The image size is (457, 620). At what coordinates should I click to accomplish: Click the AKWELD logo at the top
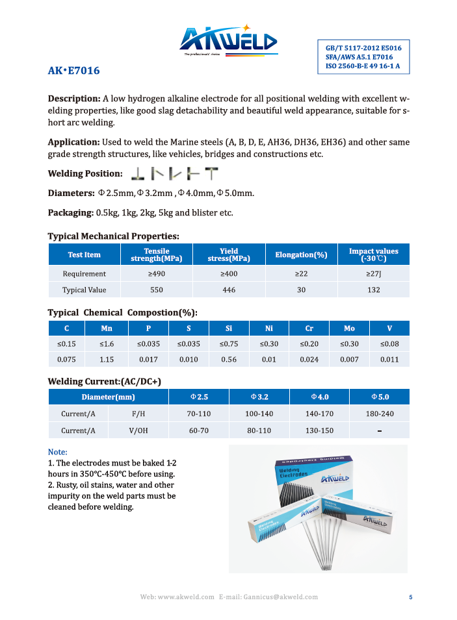pyautogui.click(x=228, y=41)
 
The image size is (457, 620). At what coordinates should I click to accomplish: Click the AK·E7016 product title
pyautogui.click(x=74, y=71)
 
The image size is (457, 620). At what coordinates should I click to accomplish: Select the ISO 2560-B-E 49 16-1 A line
pyautogui.click(x=363, y=66)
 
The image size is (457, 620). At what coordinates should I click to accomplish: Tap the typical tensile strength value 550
pyautogui.click(x=156, y=290)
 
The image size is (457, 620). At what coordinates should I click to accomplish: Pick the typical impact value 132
pyautogui.click(x=373, y=290)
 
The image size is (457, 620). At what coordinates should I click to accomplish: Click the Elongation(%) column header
pyautogui.click(x=301, y=254)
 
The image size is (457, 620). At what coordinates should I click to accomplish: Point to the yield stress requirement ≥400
pyautogui.click(x=229, y=273)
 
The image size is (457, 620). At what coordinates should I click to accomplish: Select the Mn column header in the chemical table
pyautogui.click(x=107, y=329)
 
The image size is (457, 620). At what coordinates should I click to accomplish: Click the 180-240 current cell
pyautogui.click(x=379, y=414)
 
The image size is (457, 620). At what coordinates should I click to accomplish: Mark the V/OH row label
pyautogui.click(x=138, y=430)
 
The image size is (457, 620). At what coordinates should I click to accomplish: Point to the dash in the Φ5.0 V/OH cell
pyautogui.click(x=379, y=431)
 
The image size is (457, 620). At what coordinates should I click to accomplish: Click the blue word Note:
pyautogui.click(x=58, y=452)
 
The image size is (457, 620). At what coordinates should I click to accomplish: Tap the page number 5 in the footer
pyautogui.click(x=410, y=597)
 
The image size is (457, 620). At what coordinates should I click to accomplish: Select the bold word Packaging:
pyautogui.click(x=71, y=213)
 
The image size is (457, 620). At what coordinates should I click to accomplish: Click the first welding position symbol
pyautogui.click(x=137, y=174)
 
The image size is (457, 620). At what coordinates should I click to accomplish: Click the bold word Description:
pyautogui.click(x=74, y=99)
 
